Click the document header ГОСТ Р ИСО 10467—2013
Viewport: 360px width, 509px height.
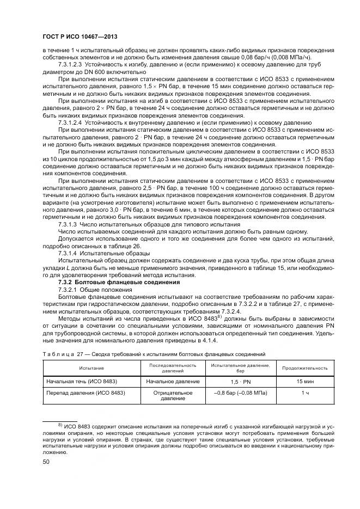pyautogui.click(x=80, y=36)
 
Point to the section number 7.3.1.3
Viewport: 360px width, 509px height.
pyautogui.click(x=67, y=224)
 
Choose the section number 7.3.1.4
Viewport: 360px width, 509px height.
pyautogui.click(x=67, y=253)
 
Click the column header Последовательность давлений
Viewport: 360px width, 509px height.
pyautogui.click(x=173, y=367)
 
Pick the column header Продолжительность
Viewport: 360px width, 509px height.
pyautogui.click(x=305, y=367)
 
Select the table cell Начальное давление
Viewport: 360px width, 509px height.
pyautogui.click(x=173, y=381)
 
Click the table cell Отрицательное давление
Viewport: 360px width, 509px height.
pyautogui.click(x=173, y=395)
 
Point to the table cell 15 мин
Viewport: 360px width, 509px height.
pyautogui.click(x=305, y=381)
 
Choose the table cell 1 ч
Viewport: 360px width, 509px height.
pyautogui.click(x=305, y=392)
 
